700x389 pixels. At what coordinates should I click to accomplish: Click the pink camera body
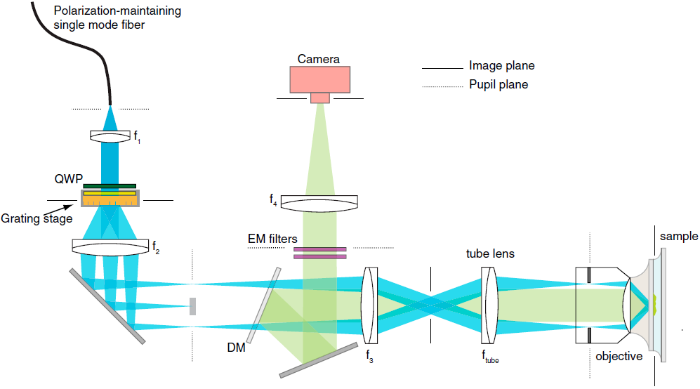coord(319,80)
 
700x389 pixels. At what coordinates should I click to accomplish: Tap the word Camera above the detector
coord(319,59)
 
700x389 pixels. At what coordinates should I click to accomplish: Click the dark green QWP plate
coord(110,185)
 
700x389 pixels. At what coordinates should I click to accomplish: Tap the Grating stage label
coord(37,218)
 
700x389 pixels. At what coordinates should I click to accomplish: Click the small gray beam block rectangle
coord(192,306)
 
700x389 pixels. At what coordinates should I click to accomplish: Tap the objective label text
coord(619,356)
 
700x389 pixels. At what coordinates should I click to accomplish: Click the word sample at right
coord(679,236)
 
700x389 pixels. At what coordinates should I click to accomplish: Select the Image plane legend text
coord(501,66)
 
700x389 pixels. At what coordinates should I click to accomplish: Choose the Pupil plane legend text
coord(498,84)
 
